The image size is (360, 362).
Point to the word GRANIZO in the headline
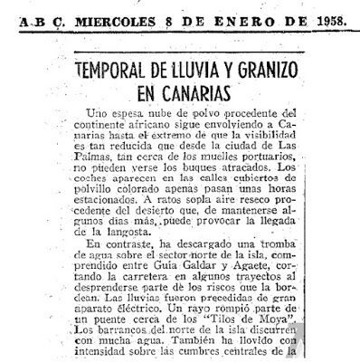(280, 70)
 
